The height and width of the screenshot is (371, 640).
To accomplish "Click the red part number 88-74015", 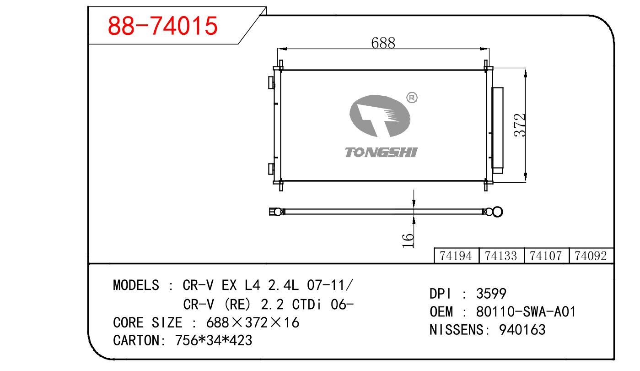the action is (162, 26).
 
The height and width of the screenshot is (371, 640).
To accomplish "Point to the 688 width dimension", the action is (383, 43).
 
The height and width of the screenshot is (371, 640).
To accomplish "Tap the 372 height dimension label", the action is (520, 125).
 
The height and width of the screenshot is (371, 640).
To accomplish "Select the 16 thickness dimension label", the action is (408, 240).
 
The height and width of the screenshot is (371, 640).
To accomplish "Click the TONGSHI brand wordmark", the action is (382, 152).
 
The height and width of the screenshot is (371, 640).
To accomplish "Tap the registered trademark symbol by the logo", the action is (412, 98).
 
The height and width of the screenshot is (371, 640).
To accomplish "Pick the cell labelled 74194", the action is (456, 256).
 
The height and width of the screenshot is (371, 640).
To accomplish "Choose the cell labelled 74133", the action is (501, 256).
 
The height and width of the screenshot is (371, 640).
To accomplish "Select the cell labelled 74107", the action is (546, 256).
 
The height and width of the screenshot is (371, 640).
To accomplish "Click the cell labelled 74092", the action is (591, 256).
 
